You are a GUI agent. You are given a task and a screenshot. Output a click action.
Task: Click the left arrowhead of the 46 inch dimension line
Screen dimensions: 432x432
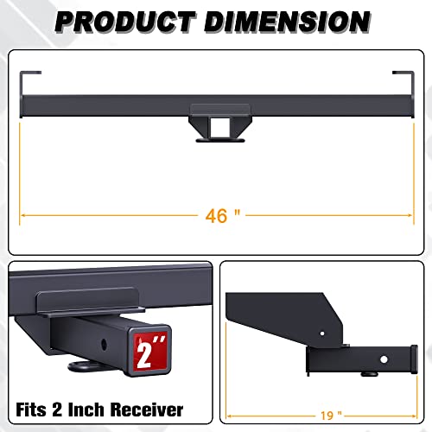(22, 213)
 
